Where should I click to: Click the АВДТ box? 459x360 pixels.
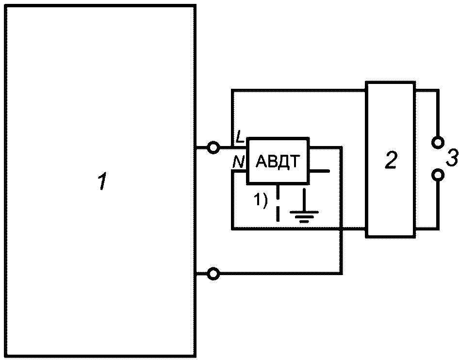(x=278, y=161)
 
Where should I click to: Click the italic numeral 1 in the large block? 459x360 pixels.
(x=102, y=181)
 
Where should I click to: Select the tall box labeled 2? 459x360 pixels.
(x=391, y=159)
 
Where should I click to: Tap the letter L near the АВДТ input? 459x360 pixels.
(x=240, y=137)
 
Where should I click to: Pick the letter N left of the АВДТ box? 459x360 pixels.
(x=238, y=162)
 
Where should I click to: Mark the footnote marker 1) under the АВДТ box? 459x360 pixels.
(x=260, y=201)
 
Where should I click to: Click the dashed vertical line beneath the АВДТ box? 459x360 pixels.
(x=278, y=203)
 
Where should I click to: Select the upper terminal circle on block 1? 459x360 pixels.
(x=213, y=147)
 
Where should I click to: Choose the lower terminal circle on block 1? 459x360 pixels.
(x=213, y=274)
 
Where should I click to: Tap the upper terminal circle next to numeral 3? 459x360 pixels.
(x=438, y=142)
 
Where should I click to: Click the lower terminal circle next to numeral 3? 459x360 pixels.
(x=438, y=175)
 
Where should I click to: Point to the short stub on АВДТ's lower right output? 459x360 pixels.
(x=320, y=171)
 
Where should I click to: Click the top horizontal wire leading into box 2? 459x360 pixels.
(x=298, y=90)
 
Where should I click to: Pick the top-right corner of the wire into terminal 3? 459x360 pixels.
(x=438, y=90)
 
